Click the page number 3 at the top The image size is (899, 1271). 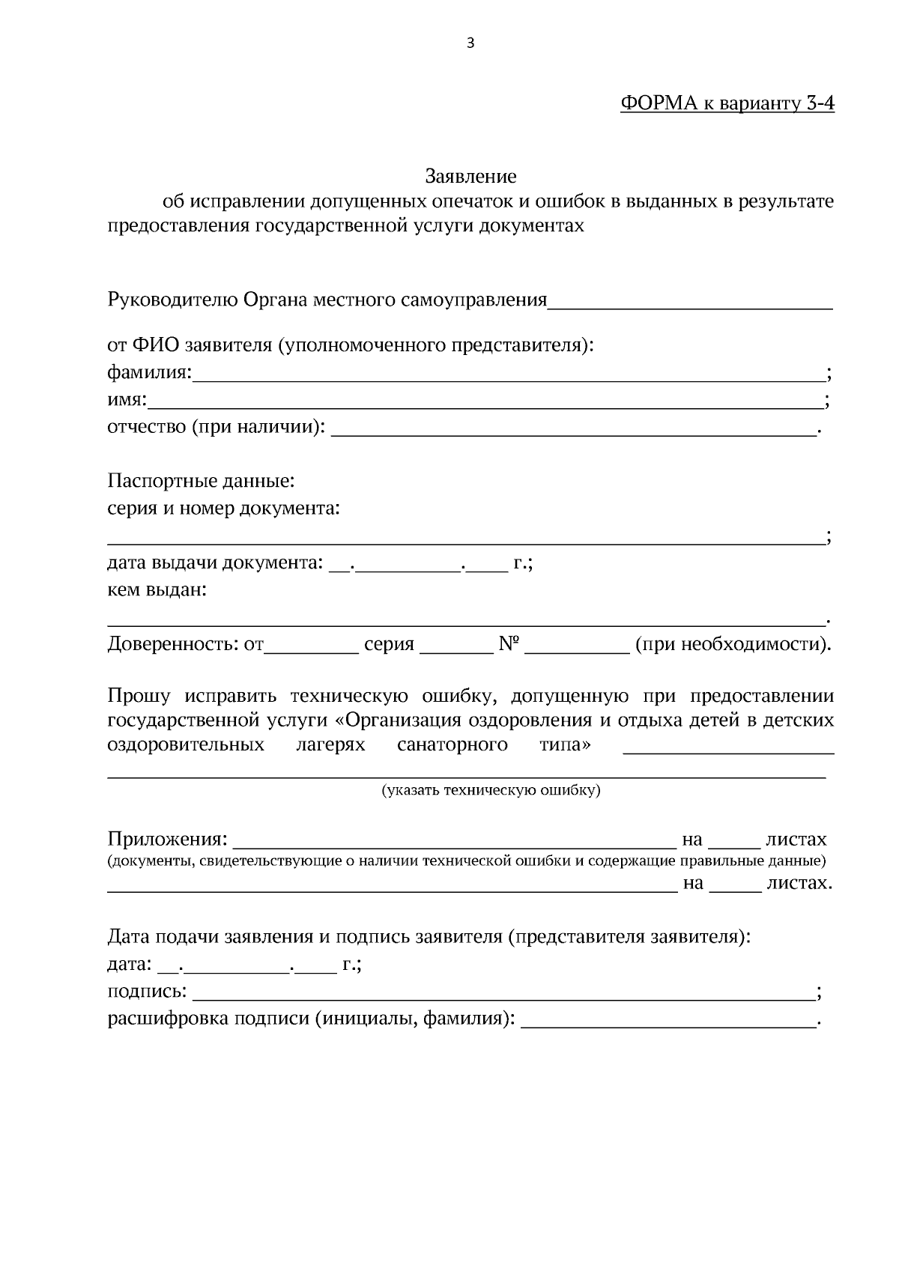pyautogui.click(x=470, y=43)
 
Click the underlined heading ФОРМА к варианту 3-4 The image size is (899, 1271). pyautogui.click(x=727, y=103)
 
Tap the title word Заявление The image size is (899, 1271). pyautogui.click(x=470, y=177)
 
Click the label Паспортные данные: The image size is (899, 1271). pyautogui.click(x=201, y=480)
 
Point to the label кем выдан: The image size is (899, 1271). pyautogui.click(x=157, y=590)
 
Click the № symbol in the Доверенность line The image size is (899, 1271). pyautogui.click(x=509, y=644)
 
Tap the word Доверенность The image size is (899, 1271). pyautogui.click(x=172, y=644)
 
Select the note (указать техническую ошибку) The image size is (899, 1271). pyautogui.click(x=491, y=790)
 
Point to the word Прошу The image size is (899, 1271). pyautogui.click(x=139, y=697)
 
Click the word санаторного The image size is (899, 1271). pyautogui.click(x=452, y=745)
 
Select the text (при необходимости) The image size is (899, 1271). pyautogui.click(x=733, y=644)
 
